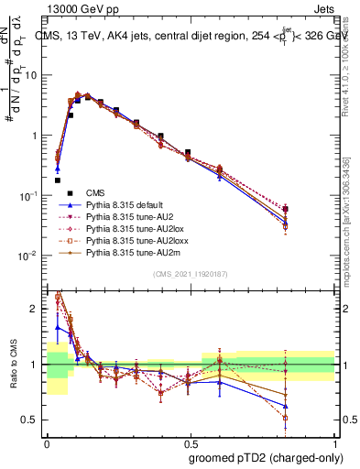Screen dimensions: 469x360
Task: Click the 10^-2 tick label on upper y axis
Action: [29, 256]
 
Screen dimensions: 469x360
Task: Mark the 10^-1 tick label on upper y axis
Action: [29, 196]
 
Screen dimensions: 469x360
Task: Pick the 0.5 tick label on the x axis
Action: [190, 442]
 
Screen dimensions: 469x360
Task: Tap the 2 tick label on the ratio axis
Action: [36, 309]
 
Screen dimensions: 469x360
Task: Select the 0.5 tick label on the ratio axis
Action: [32, 420]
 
